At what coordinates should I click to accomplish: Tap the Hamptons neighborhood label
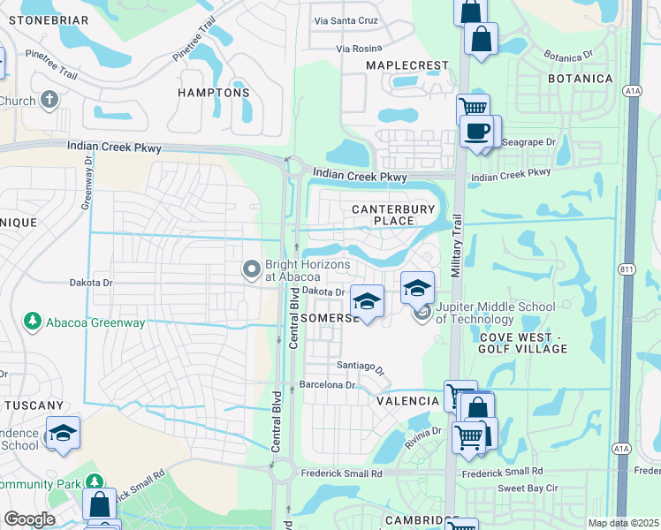(214, 93)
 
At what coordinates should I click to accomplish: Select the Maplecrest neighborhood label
(408, 66)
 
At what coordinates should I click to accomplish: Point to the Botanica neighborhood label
(580, 79)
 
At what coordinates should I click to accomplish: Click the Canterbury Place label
(394, 215)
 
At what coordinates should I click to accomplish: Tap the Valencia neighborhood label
(408, 401)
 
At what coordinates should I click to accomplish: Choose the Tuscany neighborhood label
(34, 405)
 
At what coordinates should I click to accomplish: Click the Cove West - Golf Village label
(524, 344)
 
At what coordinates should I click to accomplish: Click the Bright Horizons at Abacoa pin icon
(252, 268)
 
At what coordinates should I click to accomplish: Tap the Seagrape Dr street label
(528, 141)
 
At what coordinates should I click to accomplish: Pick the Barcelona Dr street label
(326, 385)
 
